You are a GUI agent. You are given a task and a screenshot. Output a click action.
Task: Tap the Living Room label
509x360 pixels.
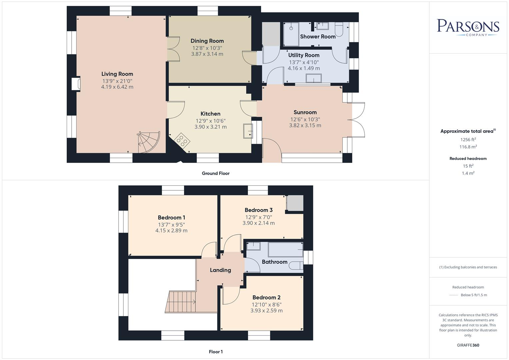tap(117, 74)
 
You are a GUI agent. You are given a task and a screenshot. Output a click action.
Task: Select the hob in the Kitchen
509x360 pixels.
tap(182, 140)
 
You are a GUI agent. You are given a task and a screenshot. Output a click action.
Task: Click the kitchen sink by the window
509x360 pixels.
tap(248, 130)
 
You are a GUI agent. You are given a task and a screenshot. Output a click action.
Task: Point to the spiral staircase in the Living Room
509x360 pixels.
tap(149, 142)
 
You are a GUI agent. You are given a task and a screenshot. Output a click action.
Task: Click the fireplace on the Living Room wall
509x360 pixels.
tap(76, 84)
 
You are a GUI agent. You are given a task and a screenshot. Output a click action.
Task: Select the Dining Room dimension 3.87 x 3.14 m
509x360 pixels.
tap(207, 54)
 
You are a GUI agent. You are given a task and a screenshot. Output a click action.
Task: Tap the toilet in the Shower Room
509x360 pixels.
tap(339, 29)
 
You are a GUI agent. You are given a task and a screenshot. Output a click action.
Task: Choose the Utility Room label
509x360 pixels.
tap(304, 55)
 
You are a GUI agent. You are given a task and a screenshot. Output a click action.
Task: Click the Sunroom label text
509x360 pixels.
tap(305, 112)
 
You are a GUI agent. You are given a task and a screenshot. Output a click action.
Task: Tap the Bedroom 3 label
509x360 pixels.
tap(258, 210)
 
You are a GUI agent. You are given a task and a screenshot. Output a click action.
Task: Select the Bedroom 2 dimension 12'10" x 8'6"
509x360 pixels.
tap(266, 304)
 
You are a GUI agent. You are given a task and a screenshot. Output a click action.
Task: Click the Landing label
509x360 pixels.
tap(220, 270)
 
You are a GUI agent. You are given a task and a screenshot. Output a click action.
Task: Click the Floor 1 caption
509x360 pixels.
tap(216, 352)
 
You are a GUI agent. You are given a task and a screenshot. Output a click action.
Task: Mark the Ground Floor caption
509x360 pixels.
tap(215, 173)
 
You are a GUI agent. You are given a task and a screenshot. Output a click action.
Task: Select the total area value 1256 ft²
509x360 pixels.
tap(468, 140)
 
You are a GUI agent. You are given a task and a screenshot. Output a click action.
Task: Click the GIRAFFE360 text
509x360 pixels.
tap(468, 345)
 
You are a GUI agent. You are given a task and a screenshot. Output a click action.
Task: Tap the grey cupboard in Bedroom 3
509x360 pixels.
tap(295, 203)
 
